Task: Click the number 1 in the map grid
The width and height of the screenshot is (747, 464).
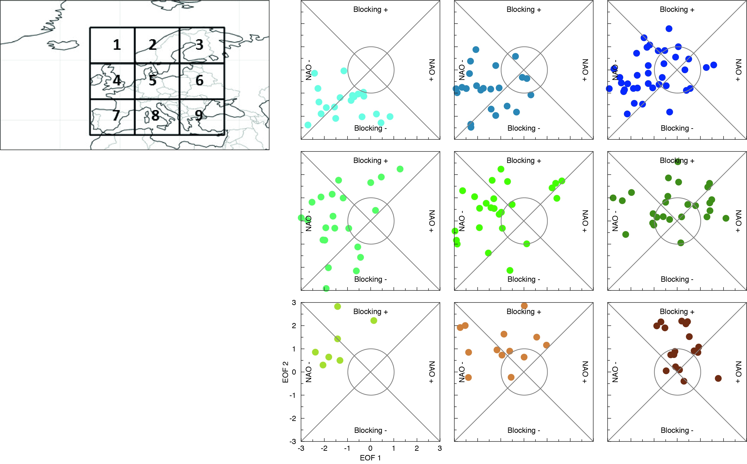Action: [117, 45]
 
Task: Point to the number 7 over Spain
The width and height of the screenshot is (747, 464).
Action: [116, 115]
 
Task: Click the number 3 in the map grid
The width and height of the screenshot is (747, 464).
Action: [199, 45]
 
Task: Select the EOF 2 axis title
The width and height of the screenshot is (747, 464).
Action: [285, 372]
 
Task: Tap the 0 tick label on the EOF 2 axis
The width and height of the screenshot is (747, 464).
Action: [294, 372]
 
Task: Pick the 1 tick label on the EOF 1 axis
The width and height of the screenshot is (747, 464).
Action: [393, 448]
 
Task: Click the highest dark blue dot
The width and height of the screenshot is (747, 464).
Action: [669, 28]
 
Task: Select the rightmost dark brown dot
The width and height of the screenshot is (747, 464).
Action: [718, 378]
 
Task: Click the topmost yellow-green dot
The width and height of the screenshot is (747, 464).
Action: [338, 306]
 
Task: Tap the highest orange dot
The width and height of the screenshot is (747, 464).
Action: [524, 306]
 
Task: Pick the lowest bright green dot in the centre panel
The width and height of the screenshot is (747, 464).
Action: [510, 270]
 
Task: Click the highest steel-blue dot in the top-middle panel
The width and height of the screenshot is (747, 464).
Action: [476, 49]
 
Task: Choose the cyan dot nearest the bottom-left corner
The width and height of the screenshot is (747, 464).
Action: [308, 125]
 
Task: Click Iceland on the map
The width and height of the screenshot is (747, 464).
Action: [64, 45]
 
